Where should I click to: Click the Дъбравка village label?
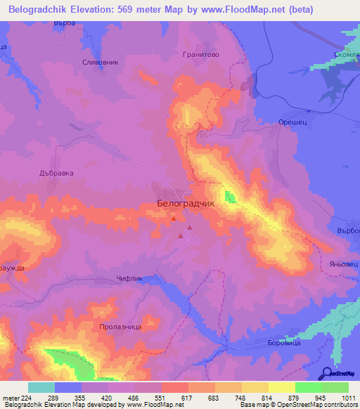tap(56, 172)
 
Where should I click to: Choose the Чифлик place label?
tap(129, 278)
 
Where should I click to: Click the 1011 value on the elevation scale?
tap(348, 397)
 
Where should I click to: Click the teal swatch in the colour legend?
tap(41, 387)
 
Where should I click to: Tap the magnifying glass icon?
tap(327, 374)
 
